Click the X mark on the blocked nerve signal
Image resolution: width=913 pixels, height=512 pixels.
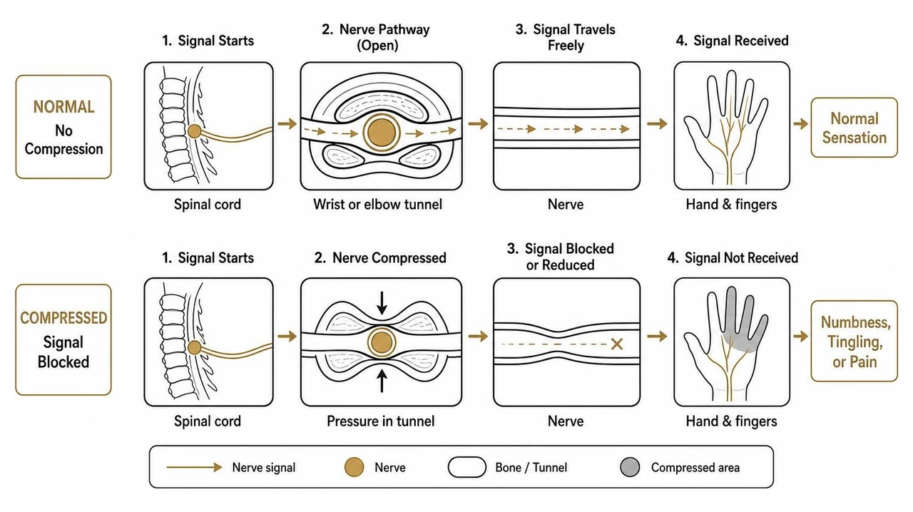[617, 344]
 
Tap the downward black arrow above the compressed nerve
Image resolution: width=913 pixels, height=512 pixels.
[382, 303]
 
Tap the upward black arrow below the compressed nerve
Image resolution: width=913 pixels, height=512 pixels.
[382, 380]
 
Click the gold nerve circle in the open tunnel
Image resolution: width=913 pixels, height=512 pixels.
[382, 133]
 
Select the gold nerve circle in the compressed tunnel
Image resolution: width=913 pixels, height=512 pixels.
[382, 342]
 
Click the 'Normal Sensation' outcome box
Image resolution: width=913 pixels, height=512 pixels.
[855, 128]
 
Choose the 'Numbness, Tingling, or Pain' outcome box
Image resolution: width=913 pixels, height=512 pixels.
[855, 341]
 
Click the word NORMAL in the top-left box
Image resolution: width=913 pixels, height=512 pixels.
[64, 107]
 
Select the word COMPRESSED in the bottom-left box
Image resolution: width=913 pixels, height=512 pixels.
[63, 318]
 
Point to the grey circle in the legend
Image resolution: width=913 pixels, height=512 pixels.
[630, 467]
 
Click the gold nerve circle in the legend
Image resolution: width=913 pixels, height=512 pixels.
[354, 467]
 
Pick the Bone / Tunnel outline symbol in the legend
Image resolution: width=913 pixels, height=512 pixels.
[467, 467]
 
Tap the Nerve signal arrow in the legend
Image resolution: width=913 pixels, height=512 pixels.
[195, 467]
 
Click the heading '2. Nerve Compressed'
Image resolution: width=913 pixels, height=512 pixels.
[380, 257]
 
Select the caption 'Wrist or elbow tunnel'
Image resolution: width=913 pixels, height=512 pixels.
[377, 204]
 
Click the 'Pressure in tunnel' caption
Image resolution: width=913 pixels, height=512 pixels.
[381, 421]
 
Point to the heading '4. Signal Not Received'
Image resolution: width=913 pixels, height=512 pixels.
[733, 257]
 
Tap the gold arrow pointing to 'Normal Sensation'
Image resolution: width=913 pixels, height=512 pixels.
[800, 123]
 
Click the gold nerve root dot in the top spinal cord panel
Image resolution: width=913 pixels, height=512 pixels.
[195, 132]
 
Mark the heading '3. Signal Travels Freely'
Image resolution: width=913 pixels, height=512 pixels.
[566, 37]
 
